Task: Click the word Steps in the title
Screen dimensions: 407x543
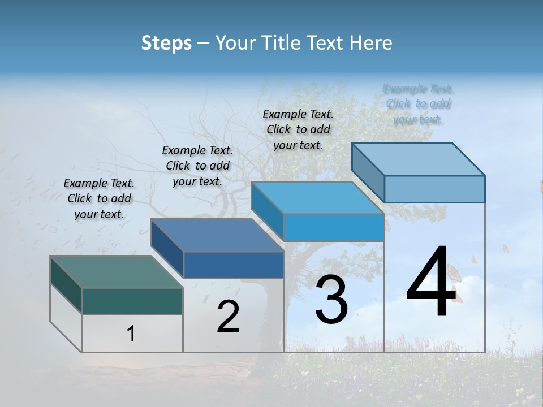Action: click(x=166, y=43)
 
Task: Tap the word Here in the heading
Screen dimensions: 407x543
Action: click(x=371, y=43)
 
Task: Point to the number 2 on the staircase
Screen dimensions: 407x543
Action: click(x=228, y=317)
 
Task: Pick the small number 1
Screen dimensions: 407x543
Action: click(x=131, y=334)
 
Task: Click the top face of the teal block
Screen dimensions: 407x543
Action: click(x=117, y=271)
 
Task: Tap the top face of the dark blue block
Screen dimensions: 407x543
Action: click(x=217, y=235)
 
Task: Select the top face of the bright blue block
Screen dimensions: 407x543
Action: click(x=317, y=198)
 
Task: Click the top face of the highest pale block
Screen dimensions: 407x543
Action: click(x=418, y=159)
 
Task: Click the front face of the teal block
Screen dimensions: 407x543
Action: click(x=132, y=301)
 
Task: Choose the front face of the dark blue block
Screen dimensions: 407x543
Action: click(x=234, y=265)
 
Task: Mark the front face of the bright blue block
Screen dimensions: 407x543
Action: click(x=334, y=227)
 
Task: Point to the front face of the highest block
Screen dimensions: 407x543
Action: click(x=434, y=189)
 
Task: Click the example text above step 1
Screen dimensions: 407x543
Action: click(x=99, y=198)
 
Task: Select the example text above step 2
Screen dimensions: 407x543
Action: click(x=197, y=166)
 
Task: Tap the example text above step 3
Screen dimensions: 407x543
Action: click(x=298, y=129)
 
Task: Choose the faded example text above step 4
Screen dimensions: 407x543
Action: click(x=418, y=104)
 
